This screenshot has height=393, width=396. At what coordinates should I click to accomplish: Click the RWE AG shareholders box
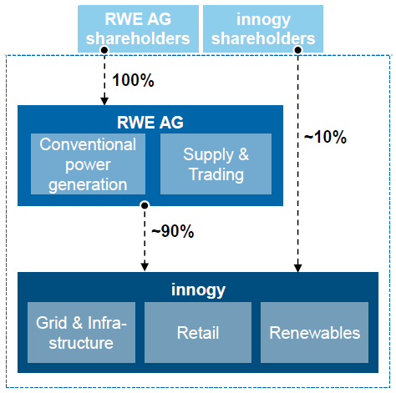[138, 28]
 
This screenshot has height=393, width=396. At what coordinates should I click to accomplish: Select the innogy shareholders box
[263, 28]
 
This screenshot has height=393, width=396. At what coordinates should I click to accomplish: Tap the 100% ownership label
[133, 80]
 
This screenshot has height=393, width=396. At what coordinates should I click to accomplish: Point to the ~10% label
[325, 137]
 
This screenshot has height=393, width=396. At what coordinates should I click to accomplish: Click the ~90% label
[173, 231]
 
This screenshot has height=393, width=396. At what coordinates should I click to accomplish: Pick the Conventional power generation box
[88, 164]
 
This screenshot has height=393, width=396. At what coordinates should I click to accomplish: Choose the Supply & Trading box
[216, 164]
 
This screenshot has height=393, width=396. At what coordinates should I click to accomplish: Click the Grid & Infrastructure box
[81, 332]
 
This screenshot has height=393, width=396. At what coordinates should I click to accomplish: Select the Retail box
[198, 332]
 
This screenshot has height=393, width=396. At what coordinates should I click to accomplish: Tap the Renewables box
[314, 332]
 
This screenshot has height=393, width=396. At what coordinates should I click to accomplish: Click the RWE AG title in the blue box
[150, 122]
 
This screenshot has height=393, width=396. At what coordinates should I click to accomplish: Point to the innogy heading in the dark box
[198, 290]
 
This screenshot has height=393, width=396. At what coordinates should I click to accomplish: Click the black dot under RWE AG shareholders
[104, 50]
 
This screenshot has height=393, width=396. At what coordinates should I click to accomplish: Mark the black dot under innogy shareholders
[298, 50]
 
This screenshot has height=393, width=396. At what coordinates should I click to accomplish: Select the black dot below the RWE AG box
[145, 205]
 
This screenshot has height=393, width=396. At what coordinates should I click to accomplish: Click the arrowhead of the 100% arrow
[104, 101]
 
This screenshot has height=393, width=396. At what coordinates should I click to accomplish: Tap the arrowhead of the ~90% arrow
[145, 267]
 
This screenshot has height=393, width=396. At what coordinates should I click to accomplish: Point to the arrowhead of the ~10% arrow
[298, 268]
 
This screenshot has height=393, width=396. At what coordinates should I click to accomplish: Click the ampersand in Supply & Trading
[243, 154]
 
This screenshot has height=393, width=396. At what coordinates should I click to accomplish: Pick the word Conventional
[88, 144]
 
